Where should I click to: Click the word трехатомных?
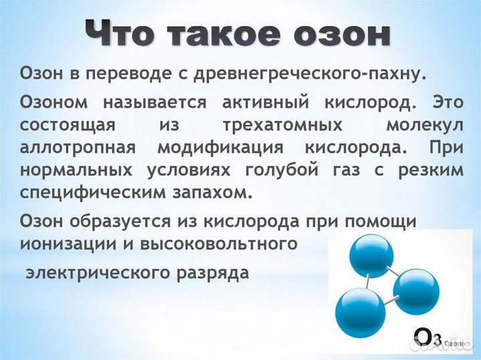click(269, 125)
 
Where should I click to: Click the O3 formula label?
click(428, 338)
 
